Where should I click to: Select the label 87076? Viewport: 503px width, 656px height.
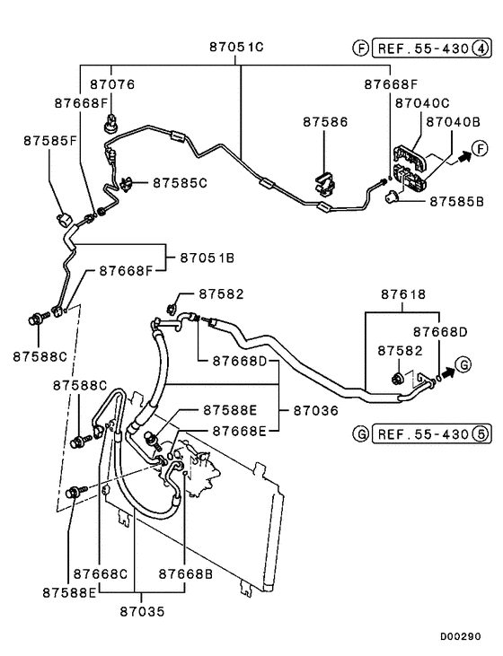pos(112,84)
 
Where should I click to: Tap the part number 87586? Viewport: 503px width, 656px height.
pos(324,120)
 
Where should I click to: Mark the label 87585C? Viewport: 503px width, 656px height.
pos(180,182)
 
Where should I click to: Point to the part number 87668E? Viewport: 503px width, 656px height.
pos(240,430)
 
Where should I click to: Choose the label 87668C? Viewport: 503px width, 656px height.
pos(101,573)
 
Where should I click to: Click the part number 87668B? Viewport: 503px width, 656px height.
pos(186,573)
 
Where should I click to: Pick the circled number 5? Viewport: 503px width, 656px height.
pos(482,434)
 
